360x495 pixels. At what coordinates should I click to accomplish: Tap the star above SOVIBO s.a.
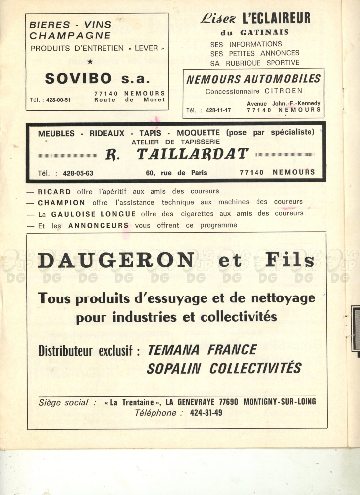click(90, 62)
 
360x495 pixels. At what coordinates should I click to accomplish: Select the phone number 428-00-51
click(58, 99)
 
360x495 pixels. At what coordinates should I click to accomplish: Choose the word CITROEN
click(284, 91)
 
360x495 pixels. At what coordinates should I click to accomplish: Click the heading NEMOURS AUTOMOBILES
click(254, 79)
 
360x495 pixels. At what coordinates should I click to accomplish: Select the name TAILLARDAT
click(192, 154)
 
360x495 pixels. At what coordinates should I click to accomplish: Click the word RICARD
click(54, 191)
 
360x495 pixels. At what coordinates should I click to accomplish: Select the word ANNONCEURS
click(98, 225)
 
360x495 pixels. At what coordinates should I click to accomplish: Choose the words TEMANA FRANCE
click(202, 350)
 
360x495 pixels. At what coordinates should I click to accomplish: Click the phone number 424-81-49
click(206, 412)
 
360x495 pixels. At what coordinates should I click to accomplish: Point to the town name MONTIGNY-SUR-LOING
click(280, 401)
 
